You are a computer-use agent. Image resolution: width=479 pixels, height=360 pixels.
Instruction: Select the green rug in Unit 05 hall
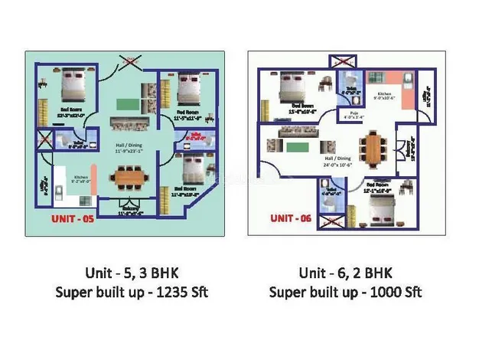pyautogui.click(x=128, y=103)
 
